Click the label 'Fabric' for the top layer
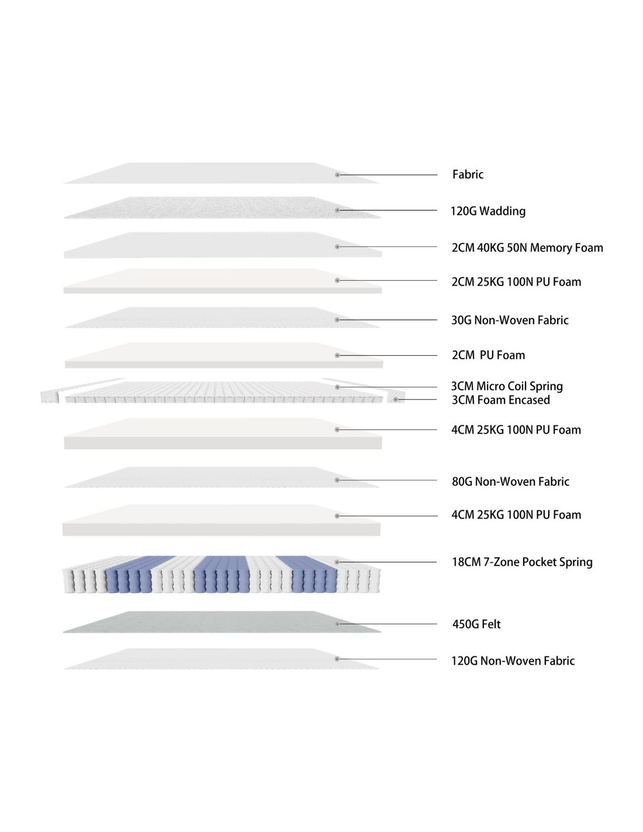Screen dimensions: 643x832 pyautogui.click(x=468, y=174)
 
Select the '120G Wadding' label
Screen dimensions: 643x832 pyautogui.click(x=488, y=211)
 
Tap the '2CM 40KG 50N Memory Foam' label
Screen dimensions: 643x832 pyautogui.click(x=527, y=247)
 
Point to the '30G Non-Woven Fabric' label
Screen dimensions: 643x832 pyautogui.click(x=510, y=320)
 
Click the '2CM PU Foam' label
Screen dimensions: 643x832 pyautogui.click(x=488, y=355)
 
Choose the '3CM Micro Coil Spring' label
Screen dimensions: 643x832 pyautogui.click(x=507, y=386)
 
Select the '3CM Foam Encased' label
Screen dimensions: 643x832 pyautogui.click(x=501, y=400)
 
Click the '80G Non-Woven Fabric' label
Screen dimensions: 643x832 pyautogui.click(x=510, y=482)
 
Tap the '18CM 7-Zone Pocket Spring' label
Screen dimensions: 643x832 pyautogui.click(x=522, y=562)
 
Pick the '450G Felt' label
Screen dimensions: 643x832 pyautogui.click(x=476, y=624)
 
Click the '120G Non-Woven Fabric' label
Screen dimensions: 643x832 pyautogui.click(x=513, y=661)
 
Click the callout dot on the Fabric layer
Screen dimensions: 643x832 pyautogui.click(x=337, y=175)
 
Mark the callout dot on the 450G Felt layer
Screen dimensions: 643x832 pyautogui.click(x=337, y=624)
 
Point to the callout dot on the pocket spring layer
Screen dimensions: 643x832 pyautogui.click(x=337, y=562)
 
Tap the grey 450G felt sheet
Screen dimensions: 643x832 pyautogui.click(x=222, y=622)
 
